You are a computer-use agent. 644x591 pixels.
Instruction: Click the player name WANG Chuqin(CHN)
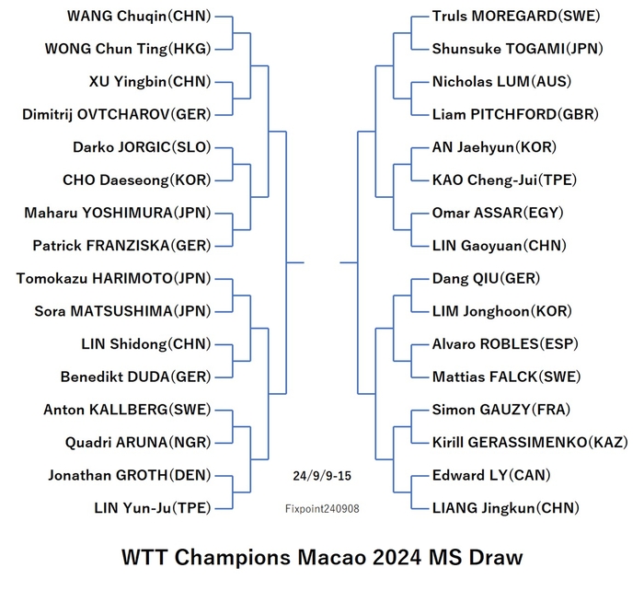139,16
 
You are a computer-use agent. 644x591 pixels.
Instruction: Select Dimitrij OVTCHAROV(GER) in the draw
117,114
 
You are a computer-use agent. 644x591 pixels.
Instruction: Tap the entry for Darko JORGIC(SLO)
142,147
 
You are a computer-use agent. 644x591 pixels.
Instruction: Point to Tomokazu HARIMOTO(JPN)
114,278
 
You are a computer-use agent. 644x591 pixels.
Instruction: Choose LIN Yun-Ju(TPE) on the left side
153,508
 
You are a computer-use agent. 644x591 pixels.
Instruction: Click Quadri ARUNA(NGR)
138,442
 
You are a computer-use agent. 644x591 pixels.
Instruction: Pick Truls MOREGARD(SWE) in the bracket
516,16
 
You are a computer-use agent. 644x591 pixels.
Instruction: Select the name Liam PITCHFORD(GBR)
515,114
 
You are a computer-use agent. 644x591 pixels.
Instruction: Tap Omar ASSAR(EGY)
498,213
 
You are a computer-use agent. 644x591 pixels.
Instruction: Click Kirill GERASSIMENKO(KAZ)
530,442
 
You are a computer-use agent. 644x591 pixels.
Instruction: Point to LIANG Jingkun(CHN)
506,508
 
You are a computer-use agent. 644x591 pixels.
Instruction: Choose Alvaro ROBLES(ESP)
505,344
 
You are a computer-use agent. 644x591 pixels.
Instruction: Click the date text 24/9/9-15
322,476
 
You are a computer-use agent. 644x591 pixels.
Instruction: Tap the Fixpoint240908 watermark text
322,509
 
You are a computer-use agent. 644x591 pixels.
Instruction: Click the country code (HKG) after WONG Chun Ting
190,49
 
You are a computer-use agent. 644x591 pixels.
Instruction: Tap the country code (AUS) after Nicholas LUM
551,81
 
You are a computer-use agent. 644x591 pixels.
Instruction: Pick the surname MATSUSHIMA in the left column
121,311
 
